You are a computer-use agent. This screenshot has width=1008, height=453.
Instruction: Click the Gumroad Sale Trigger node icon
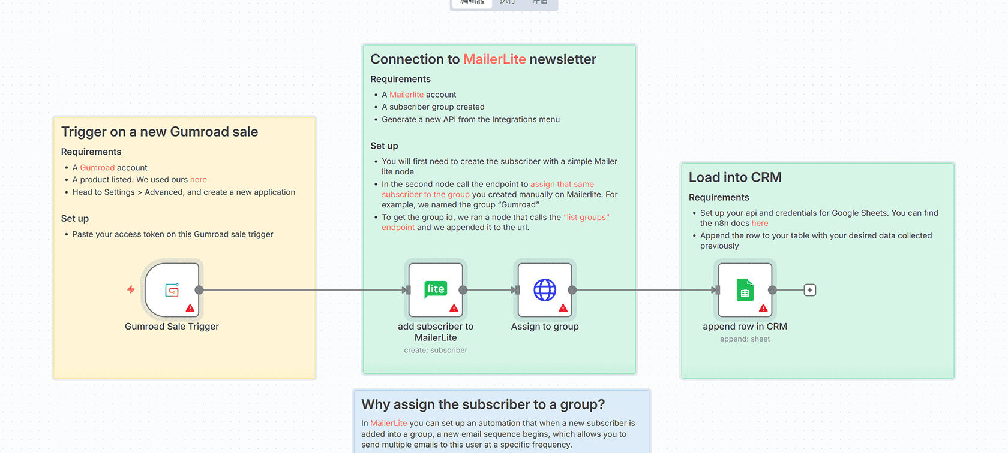coord(172,290)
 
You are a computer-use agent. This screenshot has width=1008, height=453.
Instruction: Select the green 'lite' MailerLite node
coord(436,289)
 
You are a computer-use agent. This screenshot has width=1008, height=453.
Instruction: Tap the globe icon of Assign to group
coord(545,290)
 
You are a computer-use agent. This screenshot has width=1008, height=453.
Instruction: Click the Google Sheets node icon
coord(745,290)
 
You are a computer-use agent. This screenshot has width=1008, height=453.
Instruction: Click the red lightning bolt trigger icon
coord(131,290)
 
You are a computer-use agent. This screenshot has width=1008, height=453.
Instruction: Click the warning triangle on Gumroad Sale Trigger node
coord(190,308)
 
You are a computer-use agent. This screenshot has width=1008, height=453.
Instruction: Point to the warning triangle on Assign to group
coord(563,308)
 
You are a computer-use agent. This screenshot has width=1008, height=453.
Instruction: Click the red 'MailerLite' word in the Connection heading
coord(494,59)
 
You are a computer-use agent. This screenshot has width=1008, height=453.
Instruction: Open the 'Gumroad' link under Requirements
coord(97,168)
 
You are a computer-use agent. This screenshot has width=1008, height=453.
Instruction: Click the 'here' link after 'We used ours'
coord(199,180)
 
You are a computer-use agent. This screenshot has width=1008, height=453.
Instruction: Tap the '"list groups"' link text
coord(586,218)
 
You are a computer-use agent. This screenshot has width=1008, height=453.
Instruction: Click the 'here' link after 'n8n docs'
coord(760,224)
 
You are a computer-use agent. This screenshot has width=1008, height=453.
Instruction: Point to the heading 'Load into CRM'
coord(735,177)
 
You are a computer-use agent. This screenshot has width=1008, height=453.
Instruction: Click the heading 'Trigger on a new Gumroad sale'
coord(160,132)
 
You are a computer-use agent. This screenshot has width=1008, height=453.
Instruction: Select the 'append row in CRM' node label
coord(745,327)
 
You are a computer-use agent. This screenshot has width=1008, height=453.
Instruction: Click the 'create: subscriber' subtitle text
coord(436,351)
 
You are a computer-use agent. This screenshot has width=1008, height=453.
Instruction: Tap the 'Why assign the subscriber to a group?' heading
coord(483,405)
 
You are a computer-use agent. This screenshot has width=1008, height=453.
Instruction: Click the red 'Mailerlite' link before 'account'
coord(406,95)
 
